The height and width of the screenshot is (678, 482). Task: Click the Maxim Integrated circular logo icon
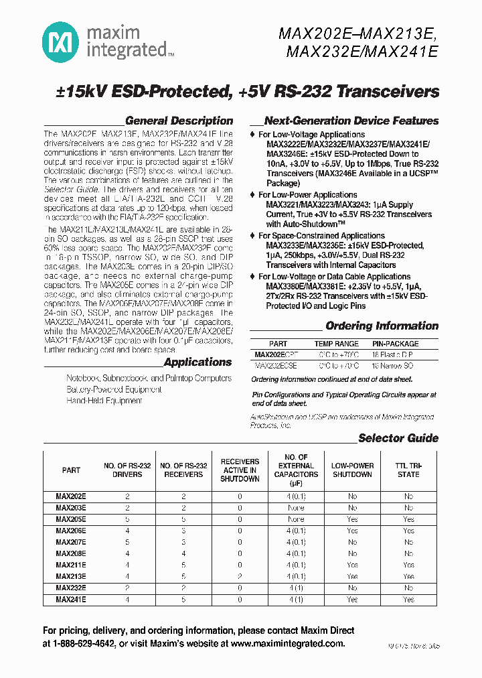point(60,42)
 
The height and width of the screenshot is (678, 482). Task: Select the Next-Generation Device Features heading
point(351,121)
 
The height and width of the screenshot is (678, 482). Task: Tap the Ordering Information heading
point(382,326)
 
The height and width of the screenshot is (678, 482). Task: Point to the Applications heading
point(197,362)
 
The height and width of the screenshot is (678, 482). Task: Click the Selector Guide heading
point(398,438)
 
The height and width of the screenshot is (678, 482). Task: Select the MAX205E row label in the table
point(71,519)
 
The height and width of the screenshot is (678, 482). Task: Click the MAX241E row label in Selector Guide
point(71,600)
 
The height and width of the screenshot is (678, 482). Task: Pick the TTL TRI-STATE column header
point(408,470)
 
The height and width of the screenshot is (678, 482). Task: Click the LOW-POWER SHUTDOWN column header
point(352,470)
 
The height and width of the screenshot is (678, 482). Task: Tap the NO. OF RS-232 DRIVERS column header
point(127,470)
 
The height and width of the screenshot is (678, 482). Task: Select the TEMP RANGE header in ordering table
point(336,344)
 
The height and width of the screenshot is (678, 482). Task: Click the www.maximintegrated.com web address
point(287,643)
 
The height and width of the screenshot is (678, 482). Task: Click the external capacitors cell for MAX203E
point(296,508)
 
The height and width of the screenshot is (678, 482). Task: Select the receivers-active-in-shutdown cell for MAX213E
point(240,576)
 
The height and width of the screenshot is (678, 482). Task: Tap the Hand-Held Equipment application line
point(104,401)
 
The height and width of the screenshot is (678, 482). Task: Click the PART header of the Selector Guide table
point(71,470)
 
